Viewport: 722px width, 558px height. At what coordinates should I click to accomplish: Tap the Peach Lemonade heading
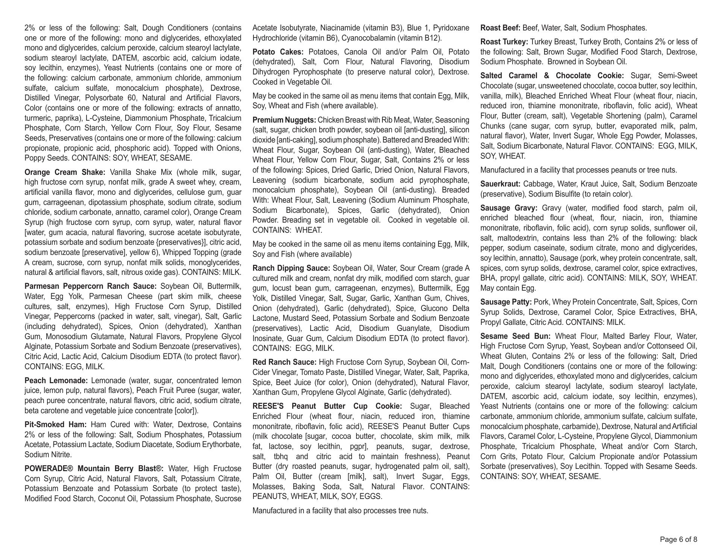pyautogui.click(x=56, y=381)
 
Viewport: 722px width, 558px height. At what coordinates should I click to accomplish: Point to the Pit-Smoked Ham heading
pyautogui.click(x=55, y=425)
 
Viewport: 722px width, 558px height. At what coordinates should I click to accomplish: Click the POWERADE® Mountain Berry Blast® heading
pyautogui.click(x=94, y=469)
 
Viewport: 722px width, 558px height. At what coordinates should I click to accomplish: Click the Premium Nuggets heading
pyautogui.click(x=284, y=120)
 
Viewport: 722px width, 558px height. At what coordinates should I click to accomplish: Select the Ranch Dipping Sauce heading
pyautogui.click(x=291, y=268)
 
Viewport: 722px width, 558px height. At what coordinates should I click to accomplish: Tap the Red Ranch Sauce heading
pyautogui.click(x=285, y=362)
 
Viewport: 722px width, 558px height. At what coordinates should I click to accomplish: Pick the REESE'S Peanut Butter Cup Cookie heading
pyautogui.click(x=327, y=406)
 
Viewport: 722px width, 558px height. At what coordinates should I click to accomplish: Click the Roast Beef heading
pyautogui.click(x=500, y=28)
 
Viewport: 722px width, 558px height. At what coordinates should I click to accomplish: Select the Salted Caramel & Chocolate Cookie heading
pyautogui.click(x=552, y=76)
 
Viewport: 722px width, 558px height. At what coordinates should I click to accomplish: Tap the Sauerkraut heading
pyautogui.click(x=500, y=184)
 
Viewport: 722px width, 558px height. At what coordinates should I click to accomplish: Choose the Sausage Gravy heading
pyautogui.click(x=509, y=208)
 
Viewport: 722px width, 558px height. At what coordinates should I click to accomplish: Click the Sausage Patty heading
pyautogui.click(x=506, y=302)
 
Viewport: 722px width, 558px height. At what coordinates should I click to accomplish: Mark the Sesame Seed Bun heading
pyautogui.click(x=515, y=337)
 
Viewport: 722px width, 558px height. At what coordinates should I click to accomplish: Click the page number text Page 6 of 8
pyautogui.click(x=678, y=540)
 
